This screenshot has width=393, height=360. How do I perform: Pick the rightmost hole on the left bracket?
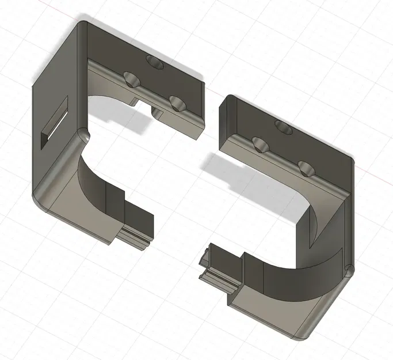click(177, 104)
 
